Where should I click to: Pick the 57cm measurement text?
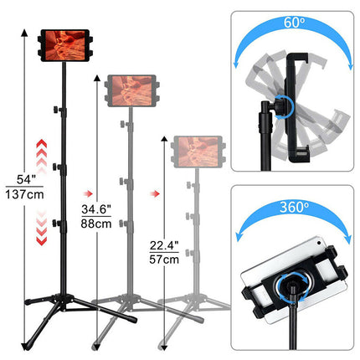tap(163, 260)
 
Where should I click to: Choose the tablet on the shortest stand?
tap(198, 152)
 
